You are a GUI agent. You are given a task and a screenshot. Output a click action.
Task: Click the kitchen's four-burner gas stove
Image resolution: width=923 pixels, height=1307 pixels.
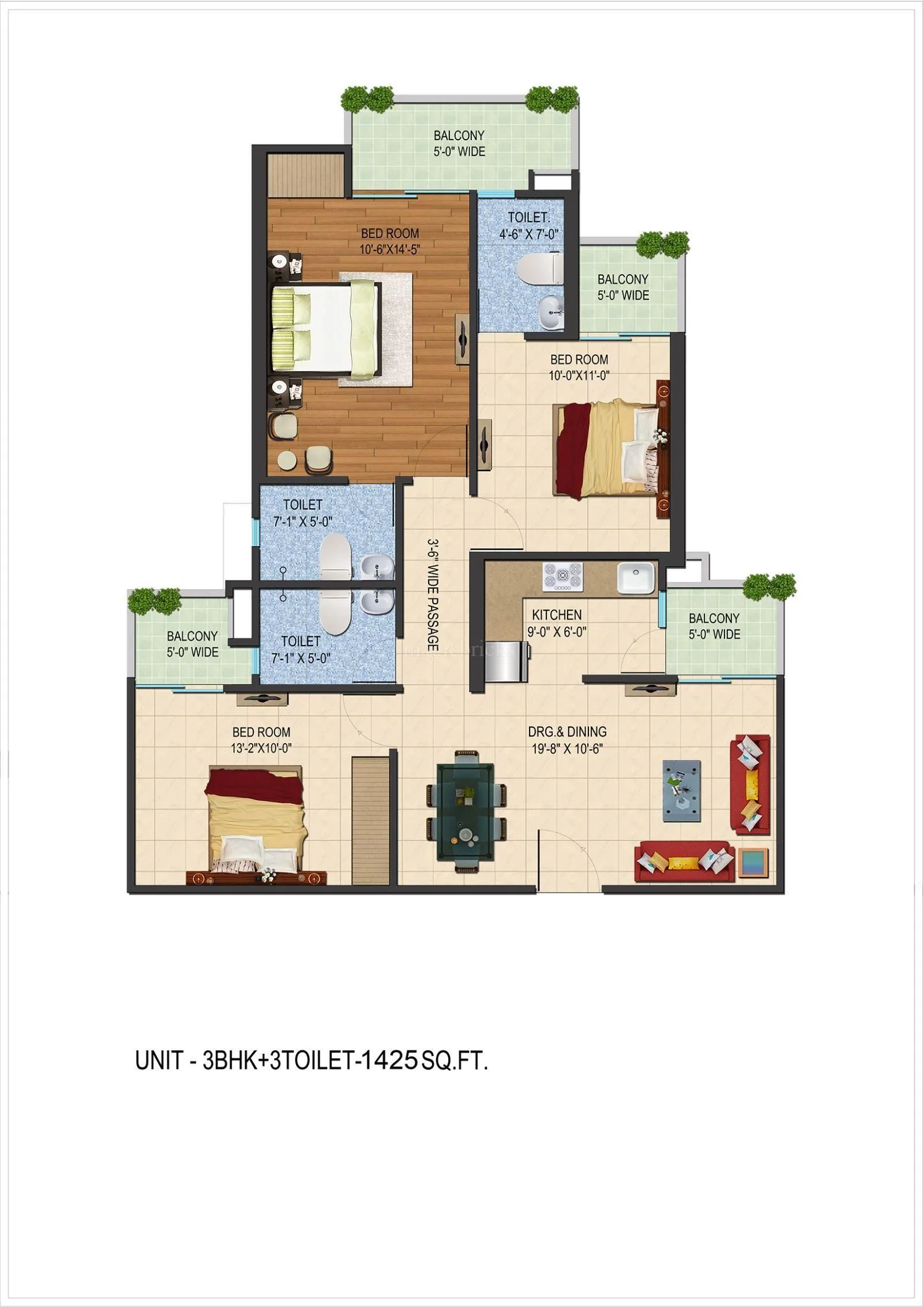click(x=562, y=576)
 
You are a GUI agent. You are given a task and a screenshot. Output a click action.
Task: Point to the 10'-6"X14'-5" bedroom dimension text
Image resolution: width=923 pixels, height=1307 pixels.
click(x=390, y=250)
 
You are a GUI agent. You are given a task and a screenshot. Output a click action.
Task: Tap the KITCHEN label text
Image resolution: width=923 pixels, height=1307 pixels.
click(x=556, y=615)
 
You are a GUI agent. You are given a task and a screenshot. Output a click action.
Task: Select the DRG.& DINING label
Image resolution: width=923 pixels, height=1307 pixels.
click(x=567, y=732)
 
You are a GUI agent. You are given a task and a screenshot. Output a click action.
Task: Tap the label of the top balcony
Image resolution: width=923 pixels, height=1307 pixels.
click(x=459, y=143)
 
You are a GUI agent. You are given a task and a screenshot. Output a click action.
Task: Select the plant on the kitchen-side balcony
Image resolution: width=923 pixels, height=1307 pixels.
click(x=769, y=587)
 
